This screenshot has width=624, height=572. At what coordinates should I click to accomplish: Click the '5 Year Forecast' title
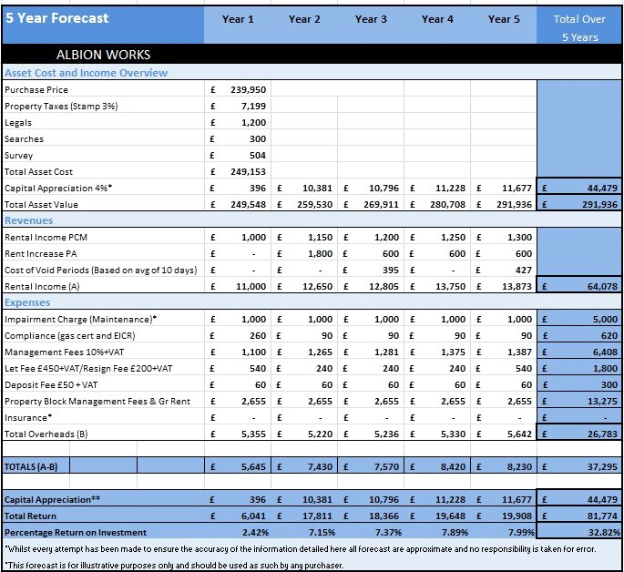(x=56, y=18)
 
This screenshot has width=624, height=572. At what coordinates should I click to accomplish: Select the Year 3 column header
(x=371, y=19)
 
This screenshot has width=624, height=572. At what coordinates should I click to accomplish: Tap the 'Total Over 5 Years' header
(x=579, y=28)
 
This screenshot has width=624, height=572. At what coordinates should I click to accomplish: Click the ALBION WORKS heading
(x=104, y=55)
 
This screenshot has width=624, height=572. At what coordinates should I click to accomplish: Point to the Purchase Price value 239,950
(x=249, y=90)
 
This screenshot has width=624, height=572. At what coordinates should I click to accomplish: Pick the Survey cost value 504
(x=258, y=156)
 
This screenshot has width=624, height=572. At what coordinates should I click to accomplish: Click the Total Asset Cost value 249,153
(x=249, y=172)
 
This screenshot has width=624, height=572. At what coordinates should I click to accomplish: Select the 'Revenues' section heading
(x=28, y=220)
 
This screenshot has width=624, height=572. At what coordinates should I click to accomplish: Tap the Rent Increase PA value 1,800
(x=320, y=254)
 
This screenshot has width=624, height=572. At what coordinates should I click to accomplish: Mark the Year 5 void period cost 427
(x=523, y=271)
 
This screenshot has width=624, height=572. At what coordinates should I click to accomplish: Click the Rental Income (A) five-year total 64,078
(x=602, y=286)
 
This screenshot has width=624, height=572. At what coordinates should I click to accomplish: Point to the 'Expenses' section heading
(x=27, y=302)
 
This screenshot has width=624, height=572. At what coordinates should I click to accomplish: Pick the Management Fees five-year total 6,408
(x=605, y=352)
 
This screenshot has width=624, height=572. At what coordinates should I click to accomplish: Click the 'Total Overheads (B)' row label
(x=46, y=434)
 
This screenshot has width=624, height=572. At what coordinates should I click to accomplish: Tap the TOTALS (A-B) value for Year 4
(x=453, y=466)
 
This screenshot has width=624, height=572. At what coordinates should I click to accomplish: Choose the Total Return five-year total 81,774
(x=602, y=516)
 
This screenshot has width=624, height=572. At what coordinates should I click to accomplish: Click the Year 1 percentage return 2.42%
(x=255, y=532)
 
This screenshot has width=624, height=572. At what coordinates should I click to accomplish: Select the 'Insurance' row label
(x=28, y=418)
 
